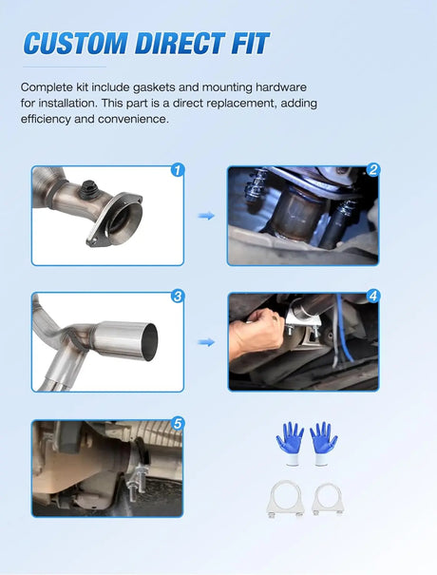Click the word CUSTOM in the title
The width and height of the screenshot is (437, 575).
coord(75,44)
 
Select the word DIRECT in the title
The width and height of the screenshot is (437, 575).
coord(180,44)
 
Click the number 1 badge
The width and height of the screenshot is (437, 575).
coord(178,170)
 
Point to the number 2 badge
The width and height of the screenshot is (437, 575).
coord(373,170)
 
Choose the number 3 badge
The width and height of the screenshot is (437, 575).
coord(178,296)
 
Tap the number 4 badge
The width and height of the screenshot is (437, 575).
coord(373,296)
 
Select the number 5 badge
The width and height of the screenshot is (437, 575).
coord(178,424)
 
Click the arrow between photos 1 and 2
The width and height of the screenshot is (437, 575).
coord(206,216)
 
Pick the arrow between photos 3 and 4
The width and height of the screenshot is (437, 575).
coord(206,342)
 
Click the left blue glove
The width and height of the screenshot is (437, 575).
coord(290,443)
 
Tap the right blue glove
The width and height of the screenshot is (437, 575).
coord(323,443)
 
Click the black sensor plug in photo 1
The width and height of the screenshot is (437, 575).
coord(87,189)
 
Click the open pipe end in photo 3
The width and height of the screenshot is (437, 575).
coord(149,342)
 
